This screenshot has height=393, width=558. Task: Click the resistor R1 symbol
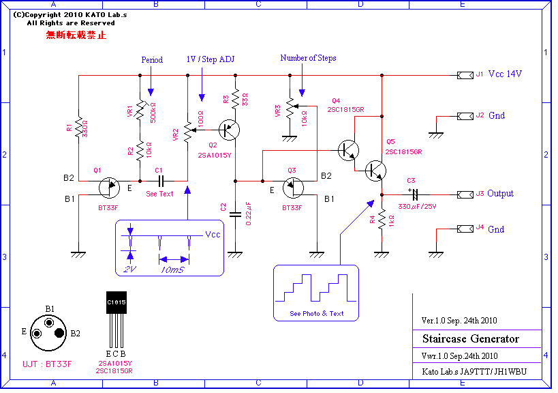(78, 127)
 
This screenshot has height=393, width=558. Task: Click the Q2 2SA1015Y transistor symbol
(230, 128)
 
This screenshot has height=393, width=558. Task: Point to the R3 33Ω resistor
(234, 100)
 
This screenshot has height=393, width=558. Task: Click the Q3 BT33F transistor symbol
(294, 186)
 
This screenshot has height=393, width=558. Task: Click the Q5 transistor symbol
(376, 170)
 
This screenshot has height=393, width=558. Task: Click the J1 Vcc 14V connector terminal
(465, 74)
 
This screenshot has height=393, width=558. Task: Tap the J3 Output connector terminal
(465, 194)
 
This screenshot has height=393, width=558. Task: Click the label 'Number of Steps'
(308, 58)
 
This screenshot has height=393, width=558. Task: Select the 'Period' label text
(152, 59)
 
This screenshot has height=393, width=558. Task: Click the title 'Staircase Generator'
(470, 339)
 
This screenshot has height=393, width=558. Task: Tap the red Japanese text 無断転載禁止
(76, 35)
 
